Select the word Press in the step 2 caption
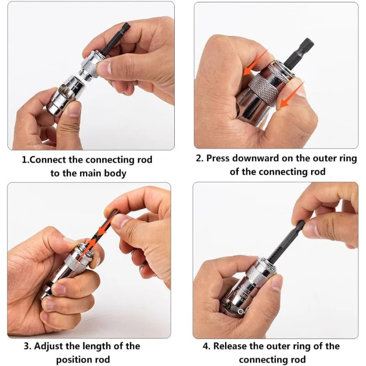coord(220,158)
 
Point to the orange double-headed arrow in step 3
coord(102,228)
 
